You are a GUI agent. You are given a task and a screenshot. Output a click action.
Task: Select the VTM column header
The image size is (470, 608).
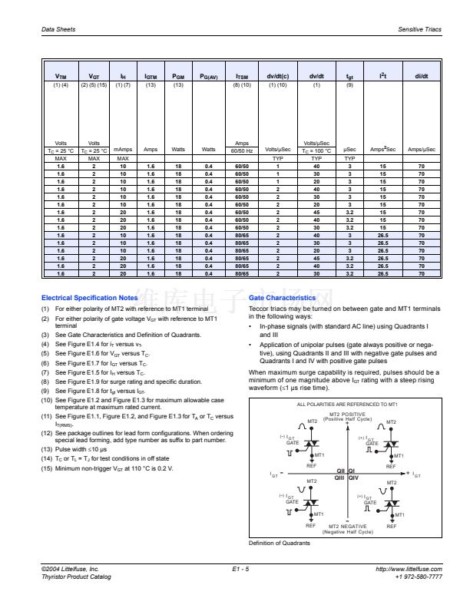pyautogui.click(x=62, y=77)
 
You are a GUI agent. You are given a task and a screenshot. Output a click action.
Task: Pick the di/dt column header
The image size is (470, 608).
pyautogui.click(x=421, y=77)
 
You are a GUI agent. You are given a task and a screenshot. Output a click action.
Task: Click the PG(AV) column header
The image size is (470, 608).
pyautogui.click(x=209, y=77)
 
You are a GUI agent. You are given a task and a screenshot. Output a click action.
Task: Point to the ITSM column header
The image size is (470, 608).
pyautogui.click(x=242, y=77)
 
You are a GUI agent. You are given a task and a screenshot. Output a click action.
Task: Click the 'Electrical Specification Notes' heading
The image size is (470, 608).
pyautogui.click(x=89, y=297)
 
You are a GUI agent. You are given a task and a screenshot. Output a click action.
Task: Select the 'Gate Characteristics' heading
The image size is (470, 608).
pyautogui.click(x=282, y=297)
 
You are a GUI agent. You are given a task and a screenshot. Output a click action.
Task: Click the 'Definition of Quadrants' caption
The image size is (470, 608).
pyautogui.click(x=278, y=544)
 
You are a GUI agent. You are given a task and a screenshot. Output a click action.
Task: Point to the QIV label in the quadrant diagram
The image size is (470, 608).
pyautogui.click(x=354, y=477)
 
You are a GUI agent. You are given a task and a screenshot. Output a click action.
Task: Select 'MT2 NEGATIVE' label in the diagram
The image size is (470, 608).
pyautogui.click(x=347, y=526)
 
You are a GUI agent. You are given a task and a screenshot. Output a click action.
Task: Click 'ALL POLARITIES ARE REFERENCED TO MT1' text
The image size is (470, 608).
pyautogui.click(x=347, y=403)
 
